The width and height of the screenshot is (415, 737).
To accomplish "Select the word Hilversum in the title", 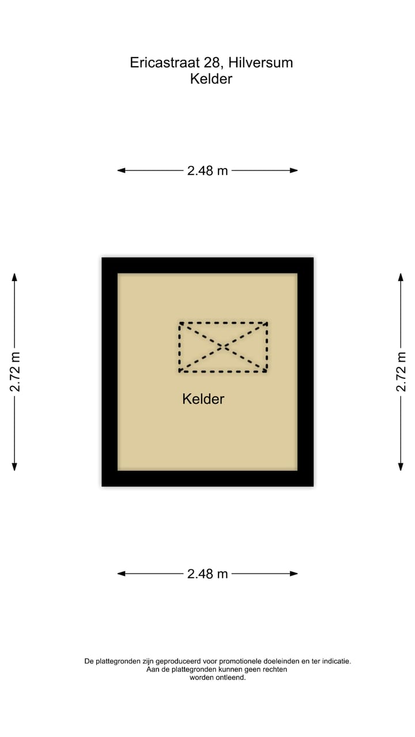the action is click(x=261, y=63).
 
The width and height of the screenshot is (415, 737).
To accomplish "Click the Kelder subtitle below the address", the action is click(x=211, y=79).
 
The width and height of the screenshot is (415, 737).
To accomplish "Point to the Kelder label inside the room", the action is click(x=203, y=399).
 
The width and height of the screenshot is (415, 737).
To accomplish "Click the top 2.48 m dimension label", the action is click(x=207, y=171).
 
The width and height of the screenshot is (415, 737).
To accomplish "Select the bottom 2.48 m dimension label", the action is click(x=207, y=574).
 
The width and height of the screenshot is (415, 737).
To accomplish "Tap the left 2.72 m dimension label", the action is click(x=15, y=372).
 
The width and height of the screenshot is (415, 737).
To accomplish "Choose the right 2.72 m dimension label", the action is click(x=401, y=372).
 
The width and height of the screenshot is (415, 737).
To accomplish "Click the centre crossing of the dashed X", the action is click(x=223, y=347).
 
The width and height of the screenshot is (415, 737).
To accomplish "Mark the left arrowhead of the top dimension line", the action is click(x=121, y=170).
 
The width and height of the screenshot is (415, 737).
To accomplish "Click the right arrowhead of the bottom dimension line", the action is click(x=294, y=574).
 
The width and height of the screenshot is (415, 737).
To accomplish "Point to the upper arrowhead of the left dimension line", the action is click(x=14, y=277).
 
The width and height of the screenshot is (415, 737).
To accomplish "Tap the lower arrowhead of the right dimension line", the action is click(x=401, y=467).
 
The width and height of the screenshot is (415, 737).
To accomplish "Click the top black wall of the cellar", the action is click(x=207, y=265).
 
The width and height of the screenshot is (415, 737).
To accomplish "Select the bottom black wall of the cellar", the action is click(x=207, y=478).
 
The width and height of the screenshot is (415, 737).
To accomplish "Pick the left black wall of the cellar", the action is click(x=110, y=372).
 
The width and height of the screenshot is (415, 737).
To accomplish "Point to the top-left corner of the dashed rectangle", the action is click(x=180, y=323).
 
